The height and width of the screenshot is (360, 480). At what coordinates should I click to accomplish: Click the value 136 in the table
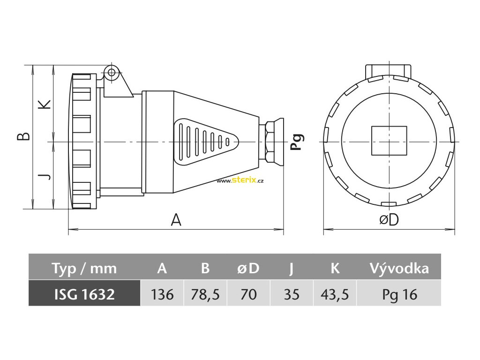[x=162, y=294]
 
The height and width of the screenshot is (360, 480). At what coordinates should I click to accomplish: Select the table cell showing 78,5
[x=205, y=294]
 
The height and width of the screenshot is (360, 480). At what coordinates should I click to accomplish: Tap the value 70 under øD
[x=248, y=294]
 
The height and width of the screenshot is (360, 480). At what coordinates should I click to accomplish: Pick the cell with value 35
[x=292, y=294]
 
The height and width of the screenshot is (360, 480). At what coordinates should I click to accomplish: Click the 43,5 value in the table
[x=335, y=294]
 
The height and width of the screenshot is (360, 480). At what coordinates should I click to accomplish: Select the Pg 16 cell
[x=399, y=294]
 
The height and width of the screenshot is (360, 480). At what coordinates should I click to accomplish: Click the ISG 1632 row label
[x=84, y=294]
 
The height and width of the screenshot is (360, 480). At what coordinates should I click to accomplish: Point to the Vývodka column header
[x=399, y=269]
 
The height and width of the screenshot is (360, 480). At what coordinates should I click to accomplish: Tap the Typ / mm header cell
[x=84, y=269]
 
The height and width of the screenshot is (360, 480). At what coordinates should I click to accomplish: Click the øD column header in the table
[x=248, y=269]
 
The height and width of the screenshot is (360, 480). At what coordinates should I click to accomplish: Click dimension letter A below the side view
[x=176, y=220]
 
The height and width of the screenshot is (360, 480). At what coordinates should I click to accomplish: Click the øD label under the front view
[x=389, y=220]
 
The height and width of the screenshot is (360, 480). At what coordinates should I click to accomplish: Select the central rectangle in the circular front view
[x=389, y=141]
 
